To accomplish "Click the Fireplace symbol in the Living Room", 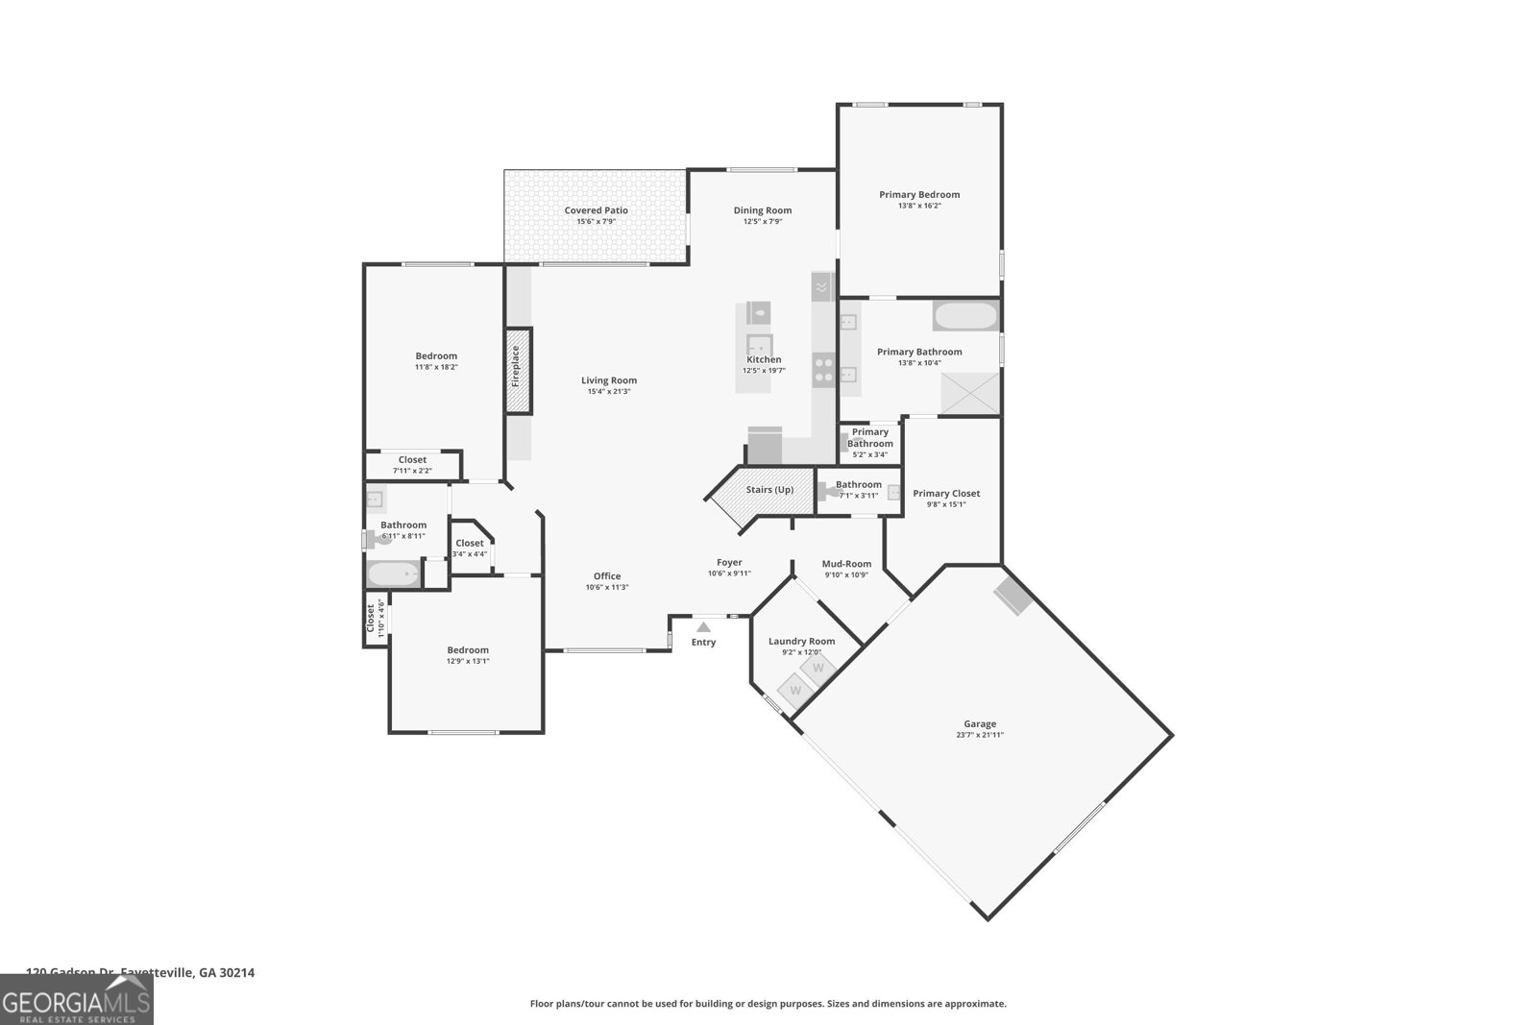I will point(519,371).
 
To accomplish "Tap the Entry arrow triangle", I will point(703,627).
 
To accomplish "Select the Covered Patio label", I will point(596,210).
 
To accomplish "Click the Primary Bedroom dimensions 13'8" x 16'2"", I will point(919,206).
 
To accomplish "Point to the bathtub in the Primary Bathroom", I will point(965,316).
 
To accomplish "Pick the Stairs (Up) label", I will point(769,490).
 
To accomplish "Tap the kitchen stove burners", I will point(823,370).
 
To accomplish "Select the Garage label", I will point(980,724).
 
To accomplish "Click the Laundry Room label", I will point(801,642).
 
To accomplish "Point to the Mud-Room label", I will point(846,564).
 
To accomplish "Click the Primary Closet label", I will point(946,494).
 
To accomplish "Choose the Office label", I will point(606,576).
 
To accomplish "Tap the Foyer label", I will point(729,563).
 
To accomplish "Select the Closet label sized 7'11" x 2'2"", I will point(412,460).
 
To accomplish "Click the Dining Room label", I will point(763,210).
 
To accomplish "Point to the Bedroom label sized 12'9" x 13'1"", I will point(467,650).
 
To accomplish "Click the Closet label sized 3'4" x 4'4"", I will point(470,544).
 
